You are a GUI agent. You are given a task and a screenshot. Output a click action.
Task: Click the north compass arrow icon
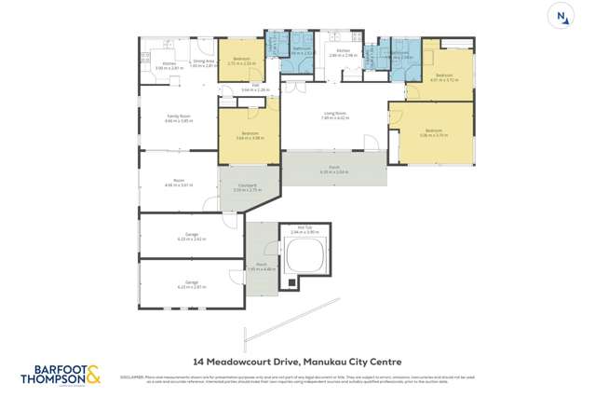click(561, 16)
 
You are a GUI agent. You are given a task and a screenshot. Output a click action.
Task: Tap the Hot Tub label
click(304, 227)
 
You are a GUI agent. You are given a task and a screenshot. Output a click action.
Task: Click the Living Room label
click(334, 114)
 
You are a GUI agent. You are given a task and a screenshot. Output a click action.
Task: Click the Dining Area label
click(205, 62)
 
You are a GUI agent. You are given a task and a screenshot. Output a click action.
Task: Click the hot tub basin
click(306, 253)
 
